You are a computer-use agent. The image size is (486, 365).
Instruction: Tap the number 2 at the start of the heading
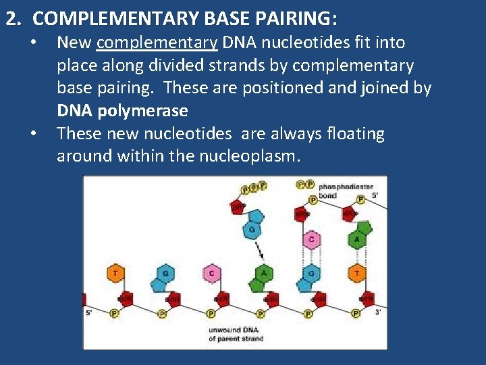pos(11,18)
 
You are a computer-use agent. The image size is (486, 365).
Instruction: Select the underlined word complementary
pos(157,43)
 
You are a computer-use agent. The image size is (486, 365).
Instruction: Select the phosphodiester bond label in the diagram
pos(337,191)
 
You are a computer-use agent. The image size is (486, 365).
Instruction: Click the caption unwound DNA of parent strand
pos(236,334)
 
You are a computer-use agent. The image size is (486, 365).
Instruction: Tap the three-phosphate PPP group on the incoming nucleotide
pos(254,187)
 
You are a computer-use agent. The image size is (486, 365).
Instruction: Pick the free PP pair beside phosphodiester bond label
pos(305,184)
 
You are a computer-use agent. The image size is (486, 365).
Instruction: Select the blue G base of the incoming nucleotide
pos(252,229)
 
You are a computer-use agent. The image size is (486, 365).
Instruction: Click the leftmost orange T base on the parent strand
pos(115,273)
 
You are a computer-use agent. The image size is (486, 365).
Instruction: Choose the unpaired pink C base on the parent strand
pos(211,273)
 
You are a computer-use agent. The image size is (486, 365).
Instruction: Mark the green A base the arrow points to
pos(264,273)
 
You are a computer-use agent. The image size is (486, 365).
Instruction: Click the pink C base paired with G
pos(310,239)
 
